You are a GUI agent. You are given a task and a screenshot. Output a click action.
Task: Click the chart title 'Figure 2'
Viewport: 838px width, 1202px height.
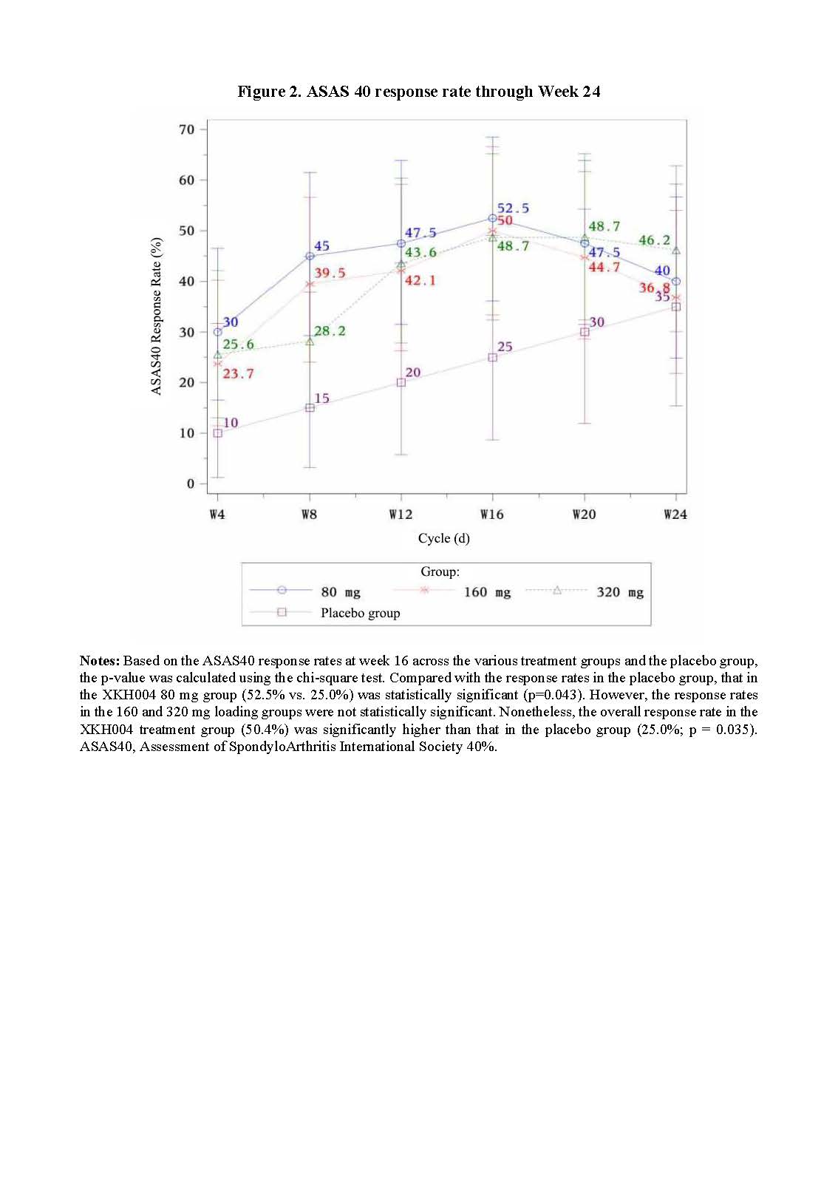tap(418, 92)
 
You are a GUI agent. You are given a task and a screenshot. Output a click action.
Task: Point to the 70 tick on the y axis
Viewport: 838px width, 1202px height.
tap(187, 129)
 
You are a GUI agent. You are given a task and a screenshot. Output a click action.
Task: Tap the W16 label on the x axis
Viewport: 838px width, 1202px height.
tap(492, 515)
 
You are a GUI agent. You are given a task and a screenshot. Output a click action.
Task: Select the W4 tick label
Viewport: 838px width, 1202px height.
tap(217, 515)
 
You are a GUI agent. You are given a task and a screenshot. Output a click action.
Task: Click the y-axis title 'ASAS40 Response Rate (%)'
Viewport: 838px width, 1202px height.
tap(157, 316)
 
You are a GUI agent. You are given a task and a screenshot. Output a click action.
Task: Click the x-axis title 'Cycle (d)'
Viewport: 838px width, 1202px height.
tap(443, 538)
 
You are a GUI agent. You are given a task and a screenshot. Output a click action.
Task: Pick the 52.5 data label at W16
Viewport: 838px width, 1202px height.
tap(513, 208)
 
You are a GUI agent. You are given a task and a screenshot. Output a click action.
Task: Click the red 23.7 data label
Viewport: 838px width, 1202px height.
tap(238, 374)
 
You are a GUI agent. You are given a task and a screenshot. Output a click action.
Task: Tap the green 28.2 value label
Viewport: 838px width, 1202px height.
tap(330, 331)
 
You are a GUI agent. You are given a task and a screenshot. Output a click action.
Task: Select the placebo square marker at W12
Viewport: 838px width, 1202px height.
tap(401, 383)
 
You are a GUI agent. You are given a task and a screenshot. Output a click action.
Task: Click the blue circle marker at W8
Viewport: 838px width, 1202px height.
tap(310, 256)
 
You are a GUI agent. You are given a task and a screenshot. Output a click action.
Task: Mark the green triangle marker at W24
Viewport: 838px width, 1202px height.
tap(676, 251)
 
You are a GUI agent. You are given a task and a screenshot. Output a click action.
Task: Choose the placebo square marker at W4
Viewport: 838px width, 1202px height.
tap(217, 433)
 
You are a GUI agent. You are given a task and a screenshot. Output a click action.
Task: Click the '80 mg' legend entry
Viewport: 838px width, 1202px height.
tap(341, 592)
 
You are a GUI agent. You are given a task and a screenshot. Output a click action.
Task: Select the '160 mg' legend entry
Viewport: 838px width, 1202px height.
tap(487, 592)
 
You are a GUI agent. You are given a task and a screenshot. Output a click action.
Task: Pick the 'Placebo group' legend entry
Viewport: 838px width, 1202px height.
tap(360, 613)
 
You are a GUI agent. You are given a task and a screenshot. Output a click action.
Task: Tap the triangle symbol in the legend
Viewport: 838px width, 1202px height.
tap(558, 591)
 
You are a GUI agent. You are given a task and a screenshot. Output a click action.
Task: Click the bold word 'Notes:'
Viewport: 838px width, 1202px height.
tap(99, 661)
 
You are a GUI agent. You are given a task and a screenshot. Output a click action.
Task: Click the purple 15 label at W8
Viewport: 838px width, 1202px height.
tap(322, 399)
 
